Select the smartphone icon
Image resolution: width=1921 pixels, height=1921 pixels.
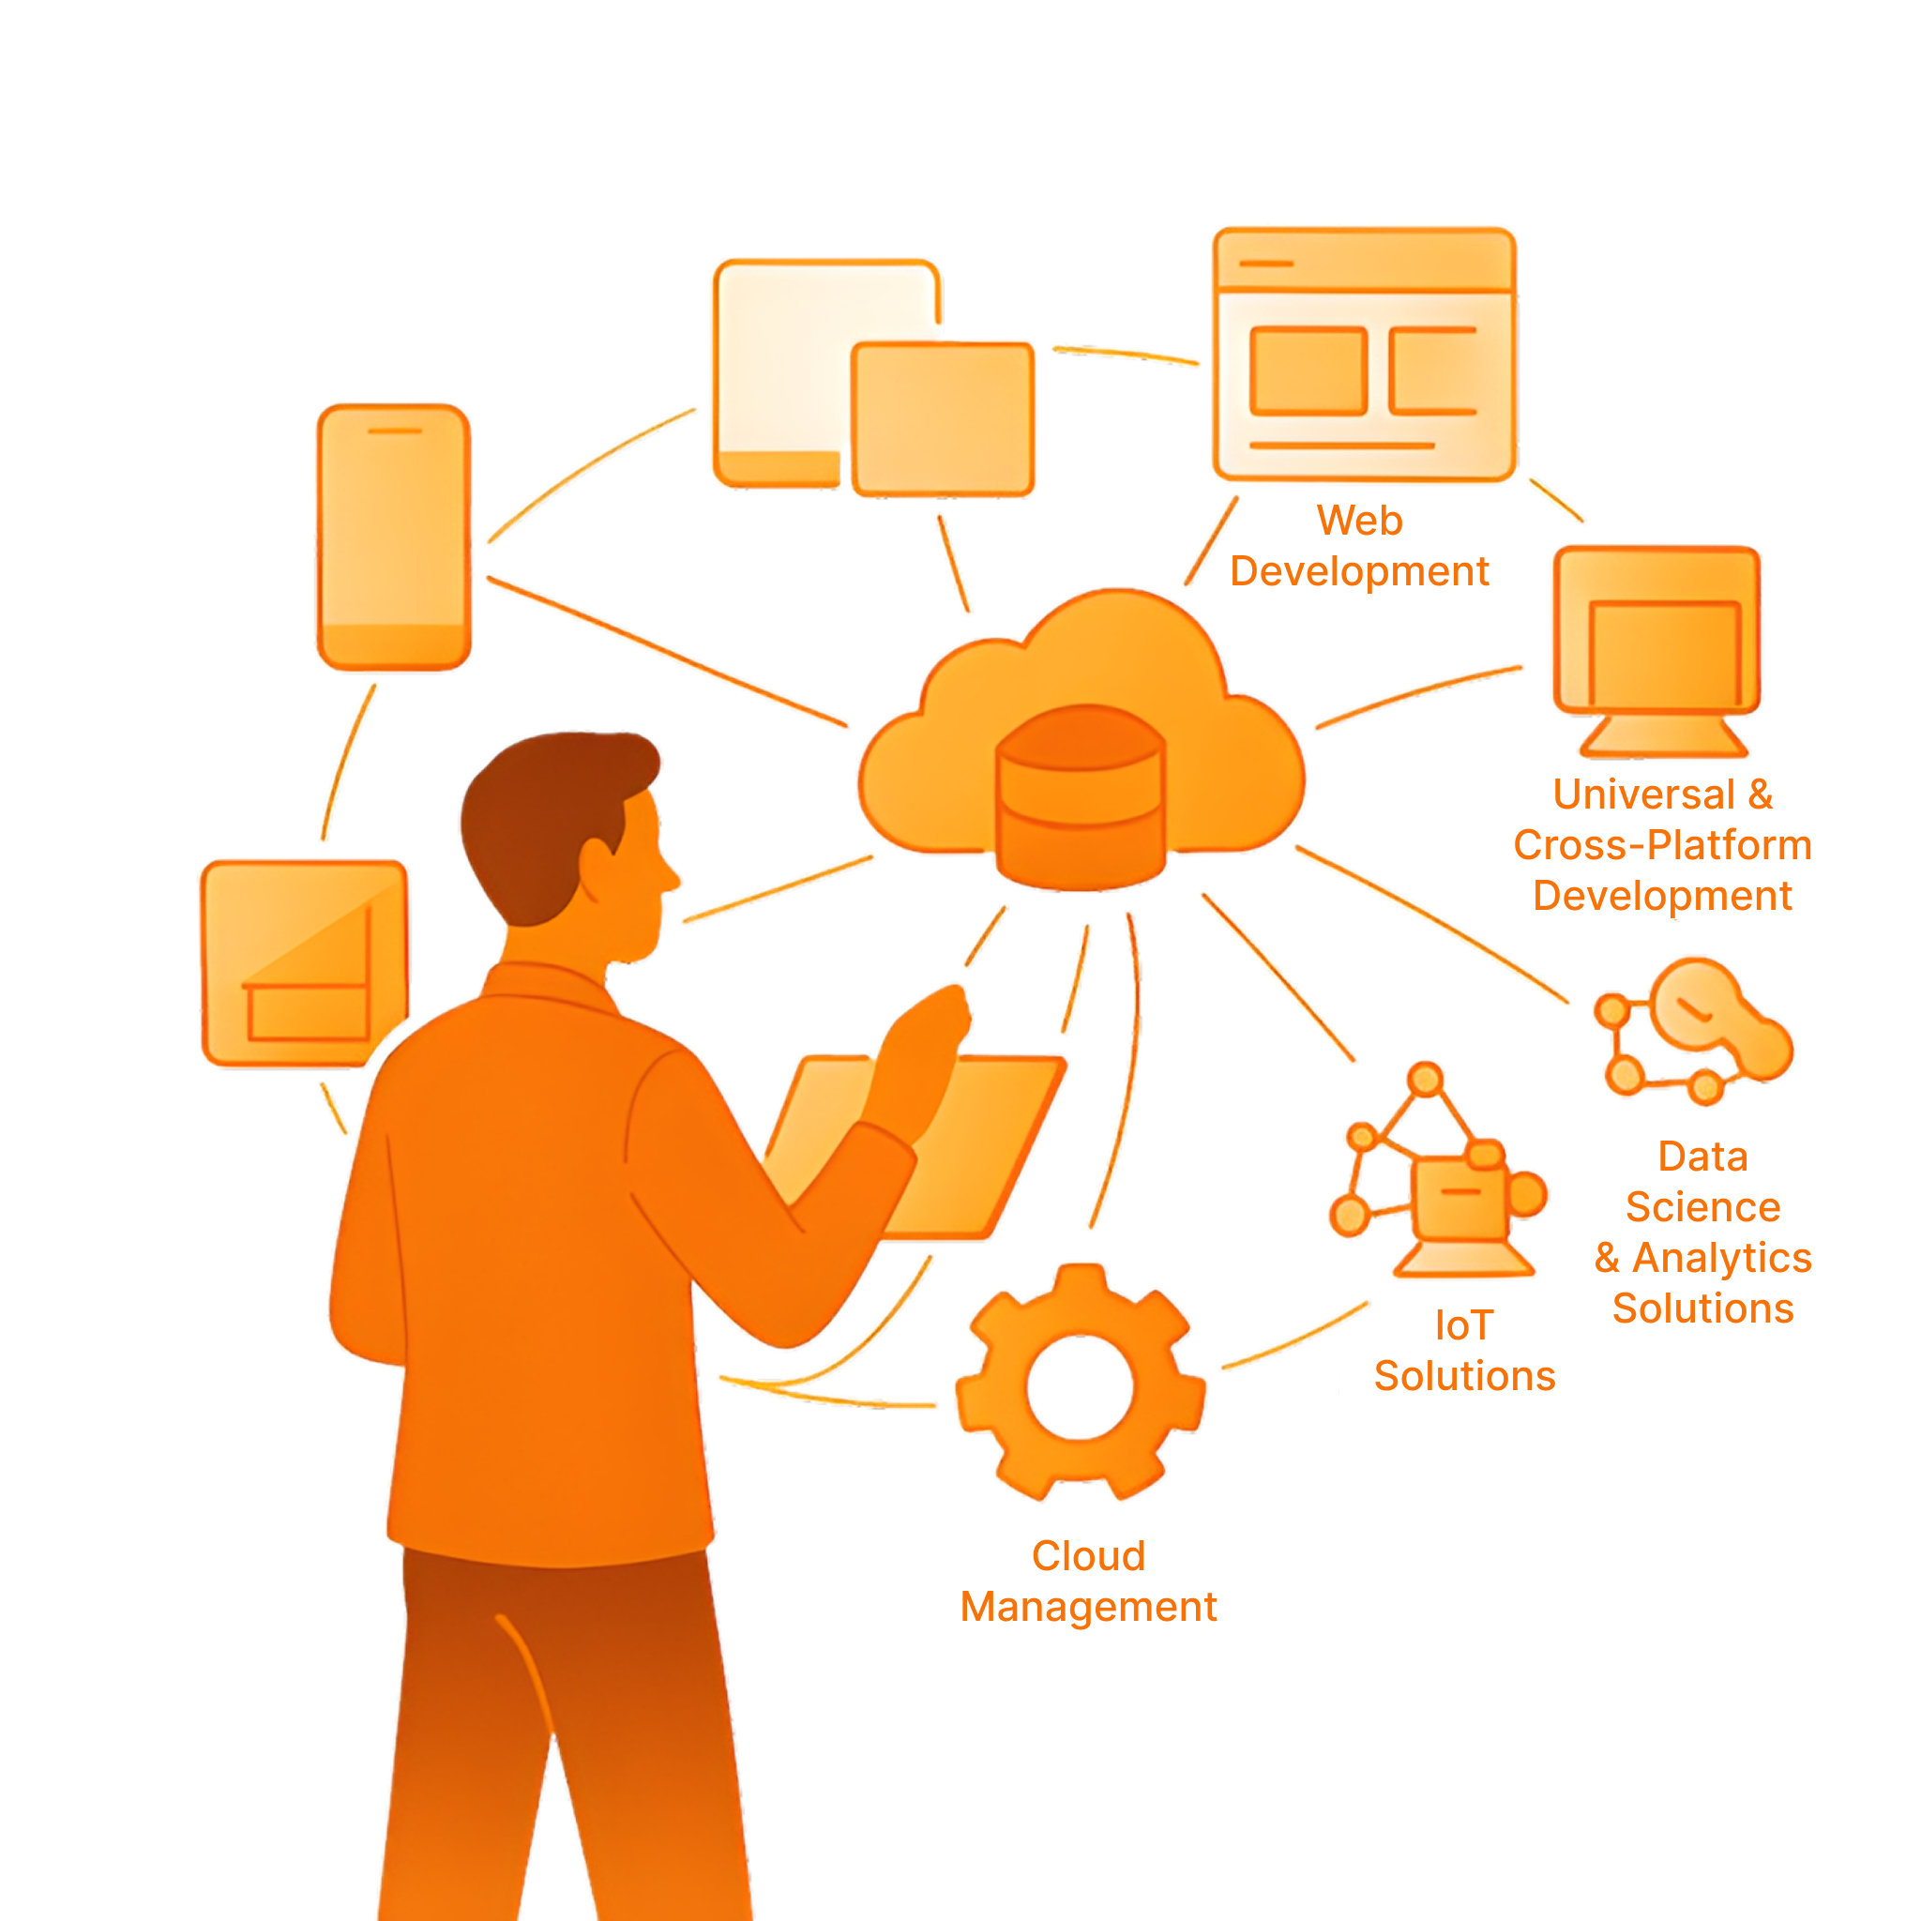click(x=394, y=537)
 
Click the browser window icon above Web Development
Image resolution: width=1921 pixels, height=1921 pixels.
click(x=1364, y=355)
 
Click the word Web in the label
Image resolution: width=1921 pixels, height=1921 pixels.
click(x=1359, y=521)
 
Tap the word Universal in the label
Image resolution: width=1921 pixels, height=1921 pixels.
click(x=1642, y=794)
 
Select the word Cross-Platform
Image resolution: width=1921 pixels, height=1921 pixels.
click(x=1662, y=845)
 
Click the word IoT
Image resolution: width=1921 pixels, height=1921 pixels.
click(x=1463, y=1325)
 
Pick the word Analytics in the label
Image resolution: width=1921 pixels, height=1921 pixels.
click(x=1722, y=1258)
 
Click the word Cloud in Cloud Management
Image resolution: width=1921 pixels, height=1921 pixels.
click(x=1088, y=1556)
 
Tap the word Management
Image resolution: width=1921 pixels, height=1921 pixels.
click(x=1088, y=1607)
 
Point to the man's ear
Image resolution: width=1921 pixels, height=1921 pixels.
click(x=597, y=865)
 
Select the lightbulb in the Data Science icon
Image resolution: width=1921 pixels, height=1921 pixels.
click(x=1695, y=1005)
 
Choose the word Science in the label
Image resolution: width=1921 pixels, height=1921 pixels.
click(x=1702, y=1207)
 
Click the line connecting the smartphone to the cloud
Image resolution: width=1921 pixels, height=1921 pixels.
click(x=666, y=651)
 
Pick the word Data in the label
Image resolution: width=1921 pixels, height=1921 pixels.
click(x=1702, y=1157)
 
